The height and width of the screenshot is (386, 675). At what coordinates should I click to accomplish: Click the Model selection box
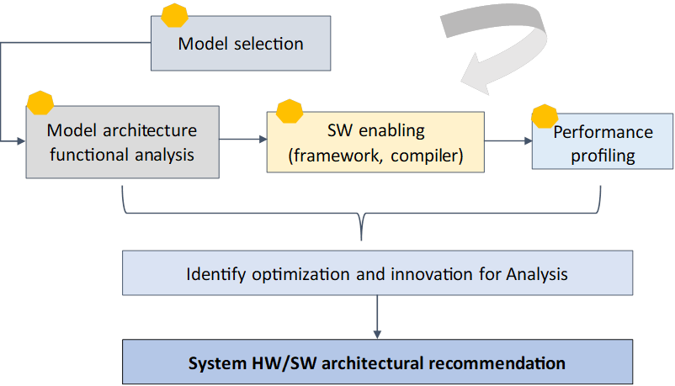(x=240, y=43)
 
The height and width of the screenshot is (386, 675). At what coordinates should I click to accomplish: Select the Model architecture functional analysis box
(x=122, y=143)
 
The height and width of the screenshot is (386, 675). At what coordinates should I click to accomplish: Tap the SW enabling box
(x=375, y=143)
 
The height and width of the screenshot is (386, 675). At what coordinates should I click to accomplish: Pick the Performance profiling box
(x=602, y=144)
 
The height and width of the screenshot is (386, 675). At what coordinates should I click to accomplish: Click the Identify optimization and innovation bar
(x=376, y=274)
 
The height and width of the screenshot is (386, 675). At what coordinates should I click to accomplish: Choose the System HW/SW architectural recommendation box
(x=376, y=363)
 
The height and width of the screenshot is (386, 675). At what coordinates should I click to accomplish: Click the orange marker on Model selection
(x=174, y=15)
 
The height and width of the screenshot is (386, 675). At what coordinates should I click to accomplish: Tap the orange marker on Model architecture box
(x=40, y=103)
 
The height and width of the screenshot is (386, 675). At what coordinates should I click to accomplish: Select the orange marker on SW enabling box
(x=290, y=111)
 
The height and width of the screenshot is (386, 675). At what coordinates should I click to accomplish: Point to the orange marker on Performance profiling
(x=545, y=116)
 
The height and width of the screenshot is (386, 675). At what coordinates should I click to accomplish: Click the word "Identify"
(x=210, y=274)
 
